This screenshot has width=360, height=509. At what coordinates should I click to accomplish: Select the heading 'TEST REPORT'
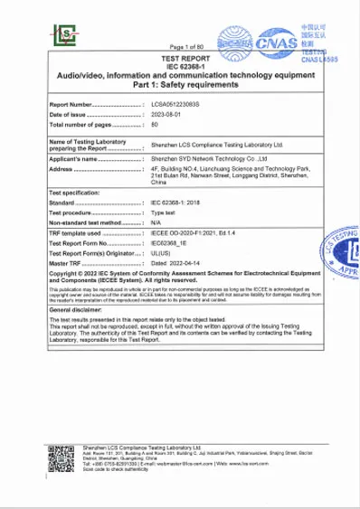pyautogui.click(x=185, y=55)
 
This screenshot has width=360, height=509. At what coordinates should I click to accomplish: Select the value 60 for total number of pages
pyautogui.click(x=154, y=125)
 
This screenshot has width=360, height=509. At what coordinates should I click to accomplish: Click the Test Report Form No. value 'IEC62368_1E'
pyautogui.click(x=171, y=243)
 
